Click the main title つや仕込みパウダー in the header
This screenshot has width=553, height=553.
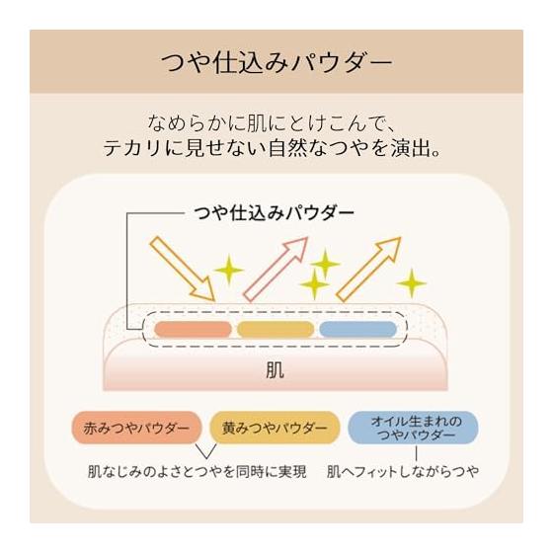coord(276,63)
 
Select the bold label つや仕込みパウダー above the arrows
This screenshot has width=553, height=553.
coord(275,213)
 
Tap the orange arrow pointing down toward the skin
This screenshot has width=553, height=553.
coord(182,269)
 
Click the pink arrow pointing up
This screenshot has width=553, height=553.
coord(276,270)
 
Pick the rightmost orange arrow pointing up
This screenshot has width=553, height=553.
coord(368,270)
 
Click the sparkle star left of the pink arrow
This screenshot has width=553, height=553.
coord(229,270)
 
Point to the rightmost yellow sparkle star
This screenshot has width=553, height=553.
coord(411,283)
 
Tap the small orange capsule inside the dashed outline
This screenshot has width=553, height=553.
coord(193,330)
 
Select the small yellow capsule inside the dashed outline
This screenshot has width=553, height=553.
coord(276,330)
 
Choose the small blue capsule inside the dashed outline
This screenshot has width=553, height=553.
coord(357,330)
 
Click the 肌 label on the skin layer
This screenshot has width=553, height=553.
coord(275,370)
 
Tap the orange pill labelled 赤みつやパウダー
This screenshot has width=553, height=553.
coord(136,428)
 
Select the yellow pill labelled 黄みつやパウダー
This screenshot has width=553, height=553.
coord(275,428)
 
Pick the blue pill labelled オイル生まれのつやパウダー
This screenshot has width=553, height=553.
coord(413,428)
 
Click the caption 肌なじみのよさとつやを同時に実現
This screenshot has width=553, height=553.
coord(197,472)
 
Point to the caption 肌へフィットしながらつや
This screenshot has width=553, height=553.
coord(403,472)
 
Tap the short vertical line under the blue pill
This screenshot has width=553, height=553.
coord(416,453)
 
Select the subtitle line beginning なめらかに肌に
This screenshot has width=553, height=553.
coord(271,123)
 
